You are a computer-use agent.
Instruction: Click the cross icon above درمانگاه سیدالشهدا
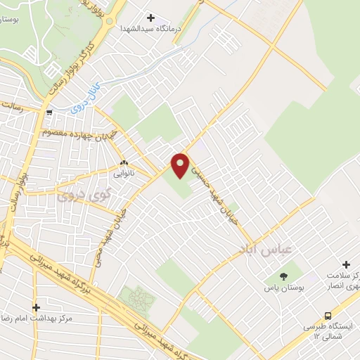[x=151, y=17]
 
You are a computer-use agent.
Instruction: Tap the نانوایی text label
[x=124, y=171]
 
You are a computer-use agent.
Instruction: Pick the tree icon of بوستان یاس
[x=283, y=276]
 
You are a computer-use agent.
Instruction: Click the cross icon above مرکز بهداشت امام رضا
[x=36, y=307]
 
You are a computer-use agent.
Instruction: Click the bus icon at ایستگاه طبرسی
[x=328, y=316]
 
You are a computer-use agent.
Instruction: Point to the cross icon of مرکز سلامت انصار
[x=346, y=263]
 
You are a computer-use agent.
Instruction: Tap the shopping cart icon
[x=49, y=112]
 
